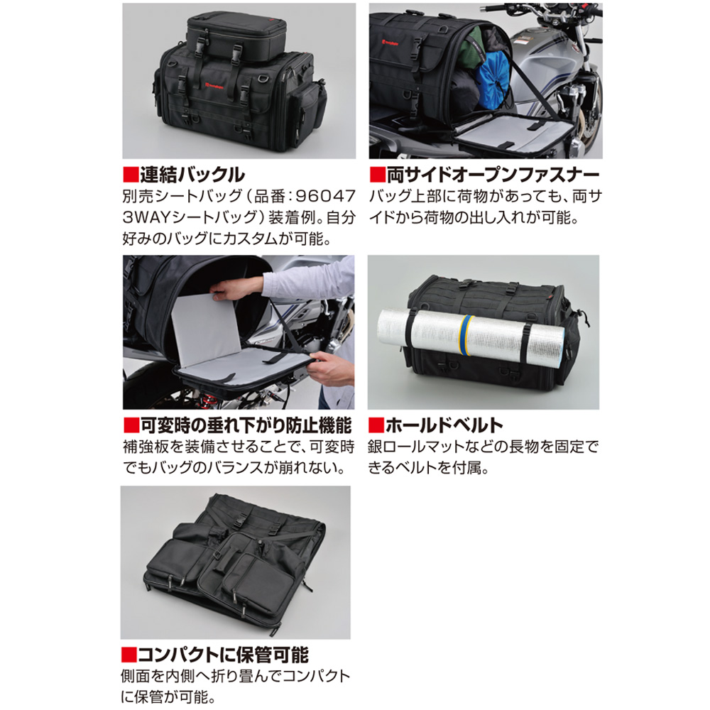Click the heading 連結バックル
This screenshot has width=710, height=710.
click(192, 175)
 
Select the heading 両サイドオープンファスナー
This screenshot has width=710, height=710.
click(493, 175)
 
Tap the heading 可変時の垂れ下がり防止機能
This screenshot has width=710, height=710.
click(246, 425)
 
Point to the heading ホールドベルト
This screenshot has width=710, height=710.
click(444, 425)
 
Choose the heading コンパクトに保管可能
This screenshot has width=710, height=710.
click(223, 655)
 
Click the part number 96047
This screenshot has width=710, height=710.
click(325, 196)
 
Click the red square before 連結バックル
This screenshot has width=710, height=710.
click(131, 175)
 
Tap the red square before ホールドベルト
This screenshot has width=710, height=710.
click(376, 425)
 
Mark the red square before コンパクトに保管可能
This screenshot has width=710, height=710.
click(129, 655)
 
